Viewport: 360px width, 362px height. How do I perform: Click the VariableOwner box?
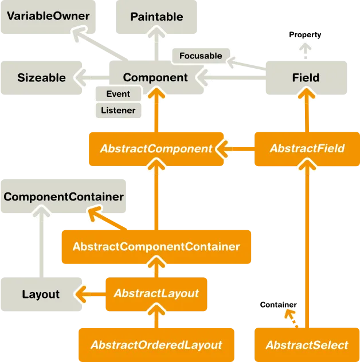pos(48,17)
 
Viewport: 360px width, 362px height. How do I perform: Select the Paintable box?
pos(156,17)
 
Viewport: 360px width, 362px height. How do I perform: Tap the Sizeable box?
pos(41,78)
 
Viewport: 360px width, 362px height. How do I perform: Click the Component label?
pos(155,78)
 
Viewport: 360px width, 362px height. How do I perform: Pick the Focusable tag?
pos(201,56)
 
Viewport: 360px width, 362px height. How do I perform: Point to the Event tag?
pos(118,94)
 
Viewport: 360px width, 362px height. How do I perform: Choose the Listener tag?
pos(118,110)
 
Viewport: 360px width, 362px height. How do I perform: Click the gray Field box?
pos(306,78)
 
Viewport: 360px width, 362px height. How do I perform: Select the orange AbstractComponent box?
pos(156,148)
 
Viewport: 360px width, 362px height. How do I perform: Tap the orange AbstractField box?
pos(307,148)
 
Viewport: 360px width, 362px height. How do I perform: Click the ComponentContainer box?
pos(64,197)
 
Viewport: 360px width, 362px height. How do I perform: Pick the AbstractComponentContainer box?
pos(156,247)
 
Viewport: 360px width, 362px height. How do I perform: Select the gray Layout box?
pos(41,294)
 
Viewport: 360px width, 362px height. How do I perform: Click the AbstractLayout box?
pos(156,293)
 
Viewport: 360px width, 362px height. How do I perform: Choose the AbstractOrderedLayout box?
pos(156,345)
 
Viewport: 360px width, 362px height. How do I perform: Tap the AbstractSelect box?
pos(307,345)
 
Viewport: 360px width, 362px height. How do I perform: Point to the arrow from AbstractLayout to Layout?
pos(90,294)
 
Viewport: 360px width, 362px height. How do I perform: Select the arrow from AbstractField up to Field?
pos(307,112)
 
